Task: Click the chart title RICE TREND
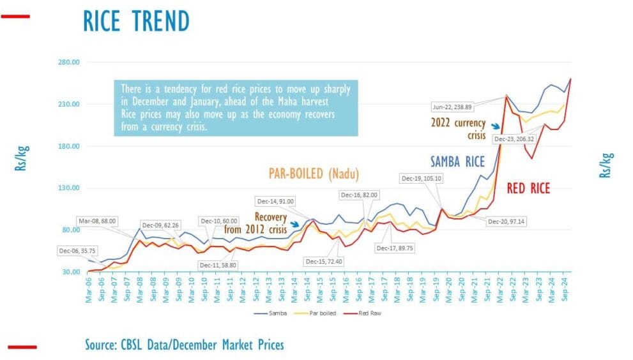[x=136, y=21]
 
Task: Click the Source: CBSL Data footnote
[x=184, y=345]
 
